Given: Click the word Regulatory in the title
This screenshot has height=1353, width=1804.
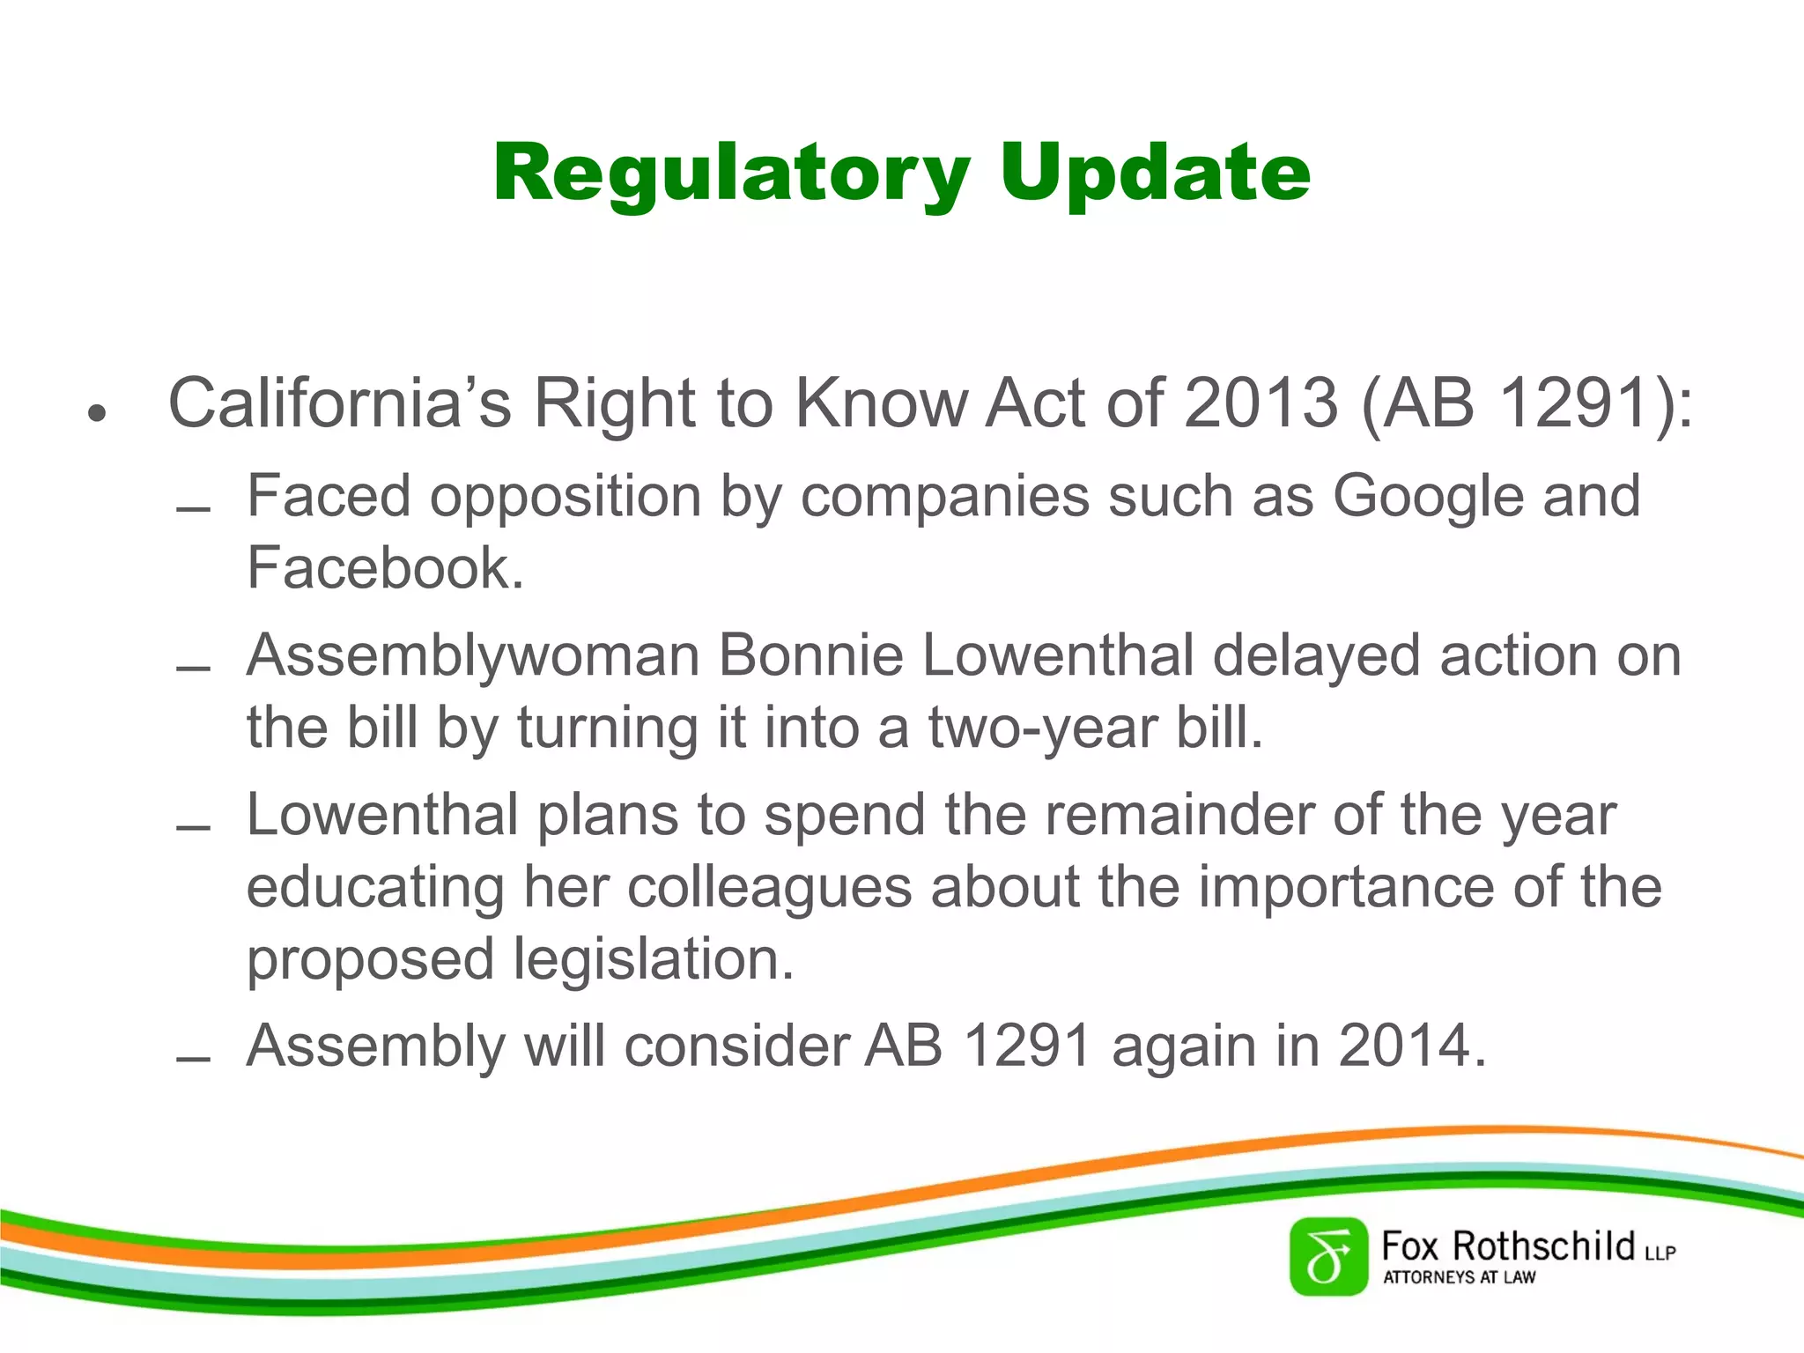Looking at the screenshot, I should [731, 174].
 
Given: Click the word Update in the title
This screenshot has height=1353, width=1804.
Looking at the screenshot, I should [1155, 174].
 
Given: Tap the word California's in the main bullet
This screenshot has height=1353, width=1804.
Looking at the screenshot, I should [339, 403].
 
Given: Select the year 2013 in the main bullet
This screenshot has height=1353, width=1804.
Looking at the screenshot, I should [1261, 403].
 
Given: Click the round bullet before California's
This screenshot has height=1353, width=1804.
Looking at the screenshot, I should [97, 412].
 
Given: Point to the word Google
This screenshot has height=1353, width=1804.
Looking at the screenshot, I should [1428, 497].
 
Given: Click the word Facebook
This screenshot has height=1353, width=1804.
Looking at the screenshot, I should [385, 568].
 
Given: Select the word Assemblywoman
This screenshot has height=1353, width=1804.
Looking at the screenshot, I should [473, 657].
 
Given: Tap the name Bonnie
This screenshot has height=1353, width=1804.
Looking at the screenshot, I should [811, 657].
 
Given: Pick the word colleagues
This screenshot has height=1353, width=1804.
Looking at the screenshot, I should [769, 888].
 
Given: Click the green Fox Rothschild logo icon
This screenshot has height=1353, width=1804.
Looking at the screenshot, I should [1327, 1257].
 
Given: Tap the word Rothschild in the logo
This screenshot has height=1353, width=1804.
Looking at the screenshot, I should [1542, 1246].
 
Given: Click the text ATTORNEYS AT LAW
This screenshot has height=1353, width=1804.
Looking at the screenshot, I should [1459, 1277].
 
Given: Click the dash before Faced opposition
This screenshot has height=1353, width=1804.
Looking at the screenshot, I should [193, 509].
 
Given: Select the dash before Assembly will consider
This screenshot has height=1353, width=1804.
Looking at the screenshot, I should [193, 1059].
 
